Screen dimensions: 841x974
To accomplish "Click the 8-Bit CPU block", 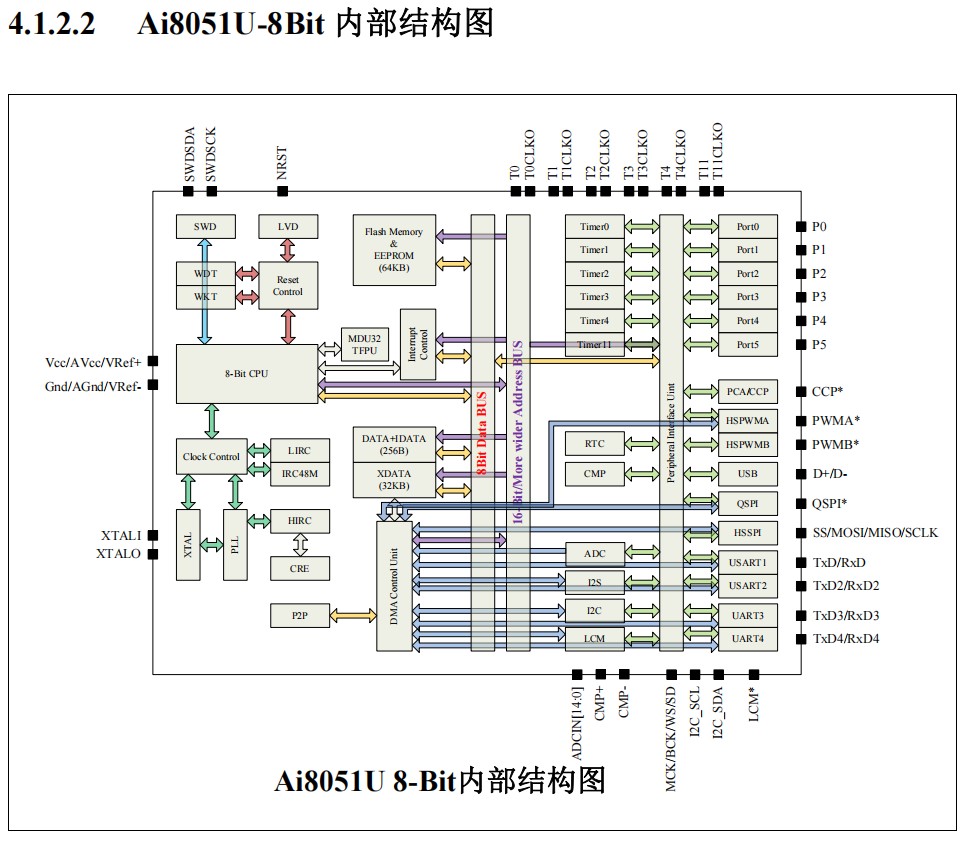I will [246, 374].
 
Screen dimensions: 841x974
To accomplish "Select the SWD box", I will [204, 227].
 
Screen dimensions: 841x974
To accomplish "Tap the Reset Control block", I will [287, 285].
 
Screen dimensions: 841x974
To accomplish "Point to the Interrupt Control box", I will [418, 344].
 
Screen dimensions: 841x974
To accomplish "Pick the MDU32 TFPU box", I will [364, 344].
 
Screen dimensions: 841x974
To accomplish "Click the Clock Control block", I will [211, 457].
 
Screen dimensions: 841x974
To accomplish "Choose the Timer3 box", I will [594, 297].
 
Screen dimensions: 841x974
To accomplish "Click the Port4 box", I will [747, 321].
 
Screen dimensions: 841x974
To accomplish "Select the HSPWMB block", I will [747, 444].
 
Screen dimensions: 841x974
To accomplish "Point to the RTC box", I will [594, 444].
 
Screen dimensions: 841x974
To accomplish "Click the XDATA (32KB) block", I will [393, 480].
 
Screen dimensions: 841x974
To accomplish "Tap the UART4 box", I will [747, 638].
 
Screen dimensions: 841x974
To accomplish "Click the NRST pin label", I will [282, 166].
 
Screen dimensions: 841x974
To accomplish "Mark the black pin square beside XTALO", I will [153, 554].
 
